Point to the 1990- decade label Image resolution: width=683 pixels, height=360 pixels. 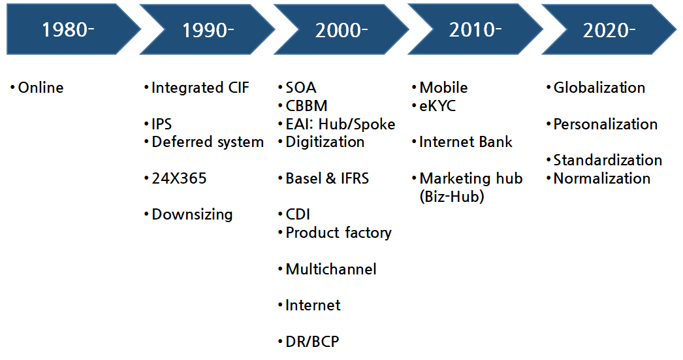tap(208, 30)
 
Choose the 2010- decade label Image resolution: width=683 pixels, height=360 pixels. tap(475, 30)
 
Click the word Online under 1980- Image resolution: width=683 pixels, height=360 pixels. tap(40, 88)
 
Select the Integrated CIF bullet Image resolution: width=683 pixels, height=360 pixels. tap(200, 88)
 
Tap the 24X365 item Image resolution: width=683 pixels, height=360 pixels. tap(179, 178)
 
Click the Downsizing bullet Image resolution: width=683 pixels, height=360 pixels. tap(192, 215)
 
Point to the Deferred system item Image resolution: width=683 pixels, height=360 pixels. tap(208, 142)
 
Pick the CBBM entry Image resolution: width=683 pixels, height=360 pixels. tap(306, 106)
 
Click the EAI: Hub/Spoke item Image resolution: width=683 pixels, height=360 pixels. tap(340, 124)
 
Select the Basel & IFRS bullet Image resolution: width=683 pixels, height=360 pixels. tap(327, 178)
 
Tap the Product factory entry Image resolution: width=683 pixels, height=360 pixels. tap(338, 233)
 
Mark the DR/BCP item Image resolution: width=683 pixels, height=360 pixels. tap(312, 341)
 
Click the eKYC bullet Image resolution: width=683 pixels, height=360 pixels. tap(437, 106)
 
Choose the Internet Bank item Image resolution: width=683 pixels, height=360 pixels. tap(466, 142)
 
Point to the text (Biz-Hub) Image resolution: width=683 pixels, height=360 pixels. tap(452, 197)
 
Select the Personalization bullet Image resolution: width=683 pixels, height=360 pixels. tap(605, 124)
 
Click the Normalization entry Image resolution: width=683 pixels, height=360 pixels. tap(601, 178)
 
